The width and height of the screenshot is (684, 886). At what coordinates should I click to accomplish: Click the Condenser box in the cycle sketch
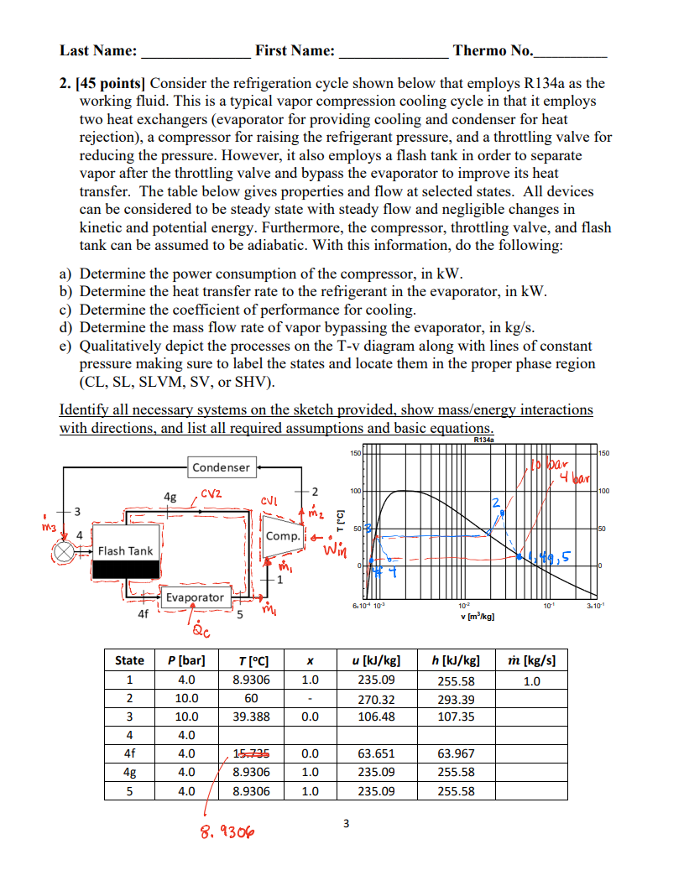click(221, 467)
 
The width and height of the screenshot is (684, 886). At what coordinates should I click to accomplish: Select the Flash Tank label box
click(126, 551)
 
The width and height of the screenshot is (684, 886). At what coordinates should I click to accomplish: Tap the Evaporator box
click(194, 597)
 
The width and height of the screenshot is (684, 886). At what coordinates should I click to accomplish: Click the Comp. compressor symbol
click(283, 536)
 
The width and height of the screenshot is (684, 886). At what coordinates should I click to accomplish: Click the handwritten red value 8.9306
click(227, 831)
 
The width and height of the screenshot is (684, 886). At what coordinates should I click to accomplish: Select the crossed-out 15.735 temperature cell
click(251, 753)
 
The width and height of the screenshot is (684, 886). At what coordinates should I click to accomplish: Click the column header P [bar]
click(186, 660)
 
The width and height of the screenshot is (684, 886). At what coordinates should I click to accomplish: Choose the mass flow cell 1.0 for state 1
click(531, 680)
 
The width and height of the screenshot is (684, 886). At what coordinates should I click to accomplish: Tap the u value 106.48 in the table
click(376, 717)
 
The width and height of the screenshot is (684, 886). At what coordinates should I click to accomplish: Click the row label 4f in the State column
click(129, 753)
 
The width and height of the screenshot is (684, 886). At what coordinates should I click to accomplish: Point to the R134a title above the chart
click(484, 439)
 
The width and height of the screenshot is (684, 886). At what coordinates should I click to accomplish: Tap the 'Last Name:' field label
click(98, 51)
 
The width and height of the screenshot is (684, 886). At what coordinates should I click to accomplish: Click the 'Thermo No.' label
click(492, 51)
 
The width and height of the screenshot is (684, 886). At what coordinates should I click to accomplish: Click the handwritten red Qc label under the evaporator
click(200, 630)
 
